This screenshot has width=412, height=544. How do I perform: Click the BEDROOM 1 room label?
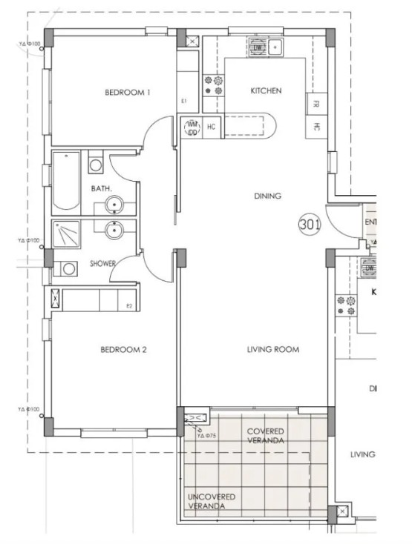tap(128, 93)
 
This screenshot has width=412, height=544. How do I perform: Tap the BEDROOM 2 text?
tap(123, 349)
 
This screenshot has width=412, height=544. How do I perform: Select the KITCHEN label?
tap(266, 91)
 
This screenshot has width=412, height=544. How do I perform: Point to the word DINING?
tap(267, 196)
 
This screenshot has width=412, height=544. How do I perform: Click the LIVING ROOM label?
tap(273, 349)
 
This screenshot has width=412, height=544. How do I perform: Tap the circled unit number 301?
tap(310, 225)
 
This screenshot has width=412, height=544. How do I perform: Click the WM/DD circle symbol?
tap(192, 127)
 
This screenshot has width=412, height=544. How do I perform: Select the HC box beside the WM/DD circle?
tap(212, 127)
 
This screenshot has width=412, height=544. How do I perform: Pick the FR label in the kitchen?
tap(316, 105)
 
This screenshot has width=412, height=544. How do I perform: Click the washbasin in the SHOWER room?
tap(114, 231)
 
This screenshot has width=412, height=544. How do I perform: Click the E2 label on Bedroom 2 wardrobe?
tap(128, 305)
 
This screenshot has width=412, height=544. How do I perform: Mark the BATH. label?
tap(102, 189)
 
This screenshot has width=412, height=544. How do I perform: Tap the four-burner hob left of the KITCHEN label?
tap(213, 85)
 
